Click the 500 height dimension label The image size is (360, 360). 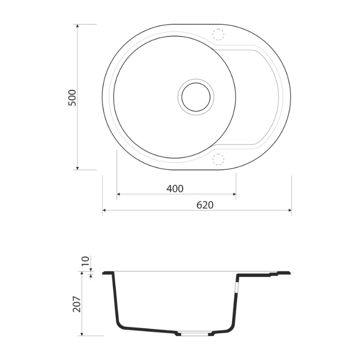[x=72, y=98]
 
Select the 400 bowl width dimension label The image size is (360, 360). [x=175, y=189]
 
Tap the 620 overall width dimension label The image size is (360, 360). [x=205, y=205]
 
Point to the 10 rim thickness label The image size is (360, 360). [x=85, y=261]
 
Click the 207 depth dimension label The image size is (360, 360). [x=77, y=304]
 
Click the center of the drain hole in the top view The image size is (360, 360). [x=196, y=97]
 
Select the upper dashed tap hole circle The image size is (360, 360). [x=218, y=35]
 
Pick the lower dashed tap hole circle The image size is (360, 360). [x=218, y=160]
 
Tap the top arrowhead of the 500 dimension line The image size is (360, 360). [x=77, y=26]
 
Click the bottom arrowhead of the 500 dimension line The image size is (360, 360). [x=77, y=168]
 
